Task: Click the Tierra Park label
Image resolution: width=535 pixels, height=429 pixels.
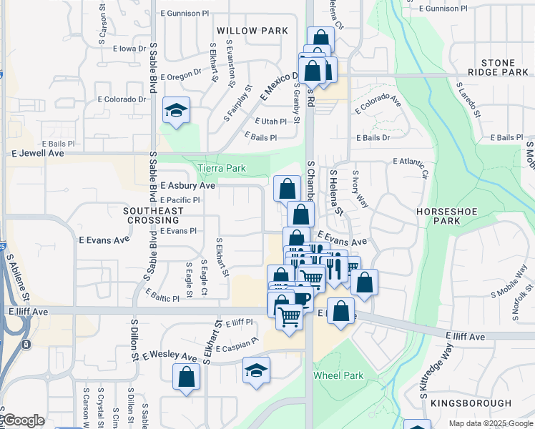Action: tap(222, 169)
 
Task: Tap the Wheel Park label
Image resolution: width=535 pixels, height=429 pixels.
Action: tap(338, 375)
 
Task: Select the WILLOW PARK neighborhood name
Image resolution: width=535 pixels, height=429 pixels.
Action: tap(252, 31)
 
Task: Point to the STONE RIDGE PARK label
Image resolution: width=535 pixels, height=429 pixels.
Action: tap(499, 68)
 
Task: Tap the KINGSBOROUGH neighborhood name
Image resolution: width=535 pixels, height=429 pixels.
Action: tap(491, 403)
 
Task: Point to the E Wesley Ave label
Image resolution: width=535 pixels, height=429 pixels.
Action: tap(169, 356)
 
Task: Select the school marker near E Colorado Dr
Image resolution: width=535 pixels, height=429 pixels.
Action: tap(176, 111)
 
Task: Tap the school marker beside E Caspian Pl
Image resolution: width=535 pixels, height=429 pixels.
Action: tap(256, 370)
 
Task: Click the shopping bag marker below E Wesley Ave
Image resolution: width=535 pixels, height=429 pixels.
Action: tap(186, 377)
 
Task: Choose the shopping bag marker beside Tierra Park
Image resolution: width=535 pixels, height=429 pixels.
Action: tap(287, 189)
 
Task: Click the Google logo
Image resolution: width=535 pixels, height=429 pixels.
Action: tap(23, 421)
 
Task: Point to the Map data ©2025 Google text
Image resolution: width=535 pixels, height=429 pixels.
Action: tap(490, 423)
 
